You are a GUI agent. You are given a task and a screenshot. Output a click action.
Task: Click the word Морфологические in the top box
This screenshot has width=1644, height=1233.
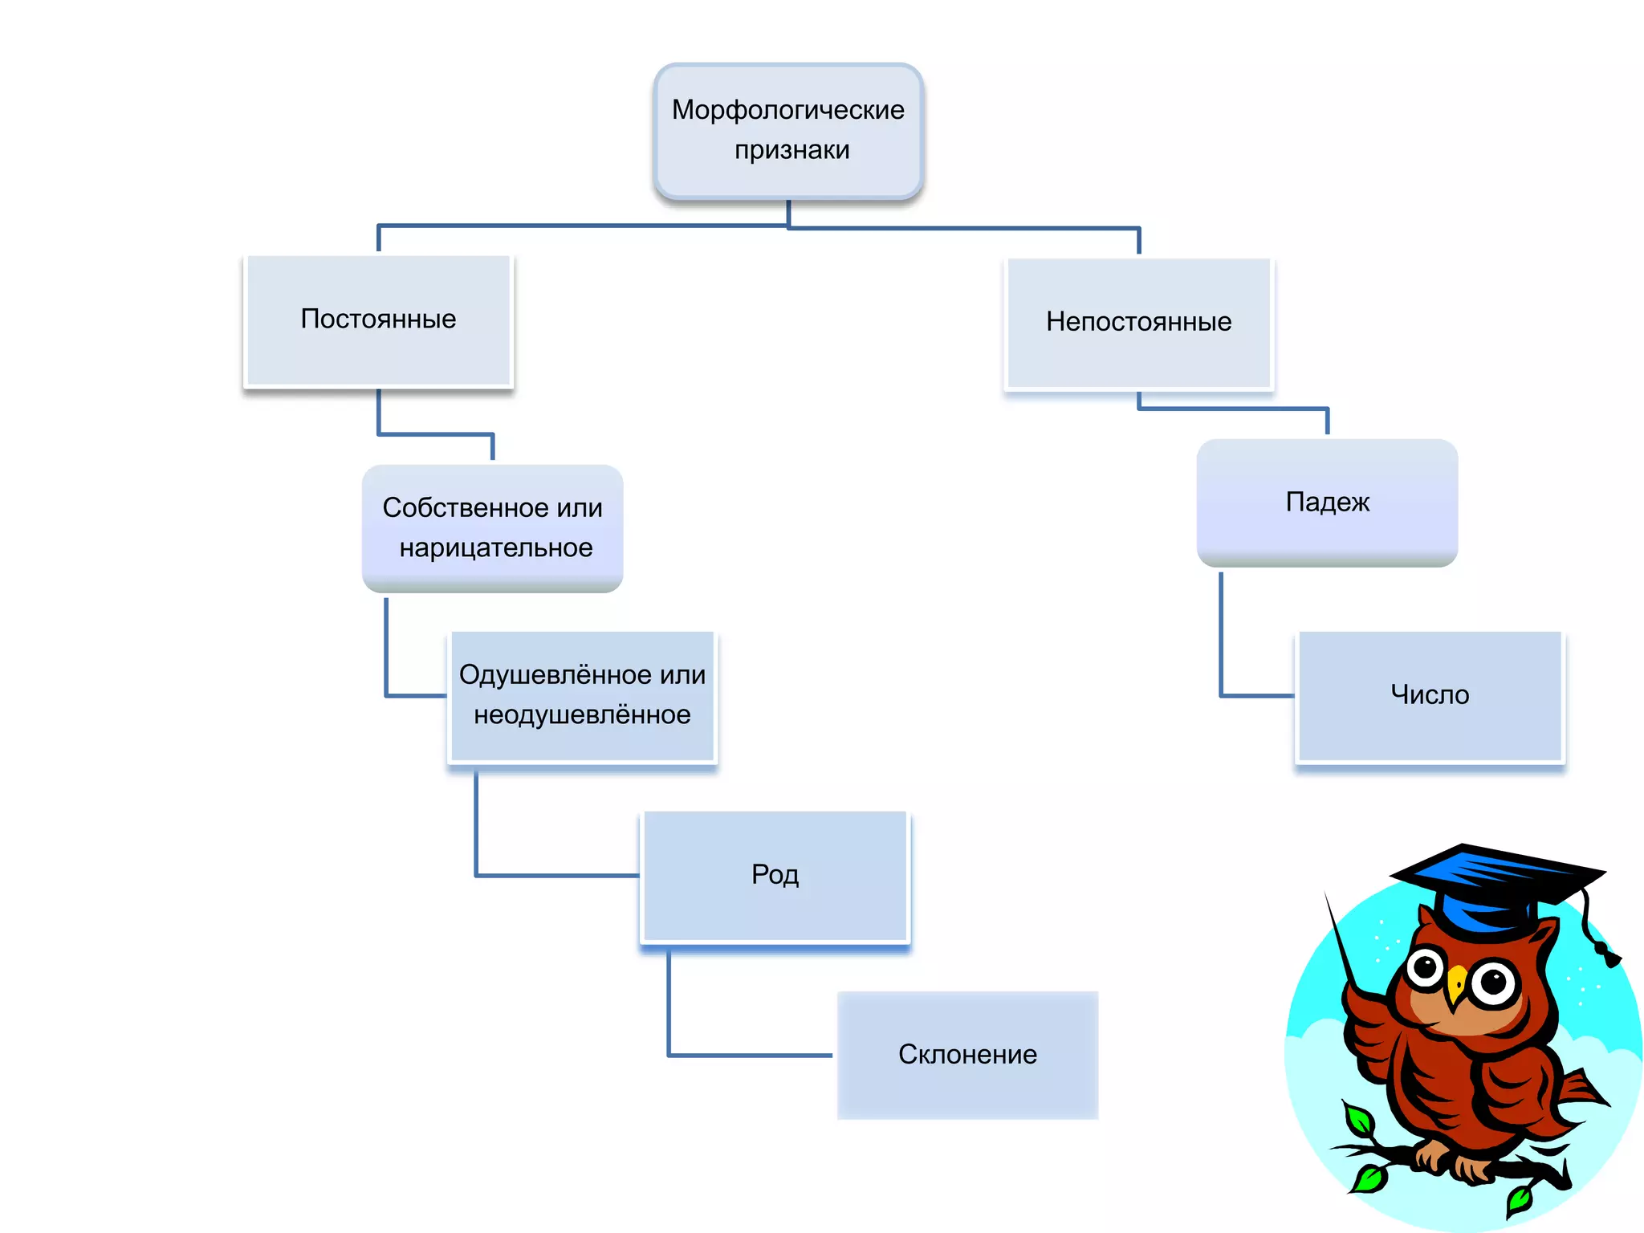(x=787, y=110)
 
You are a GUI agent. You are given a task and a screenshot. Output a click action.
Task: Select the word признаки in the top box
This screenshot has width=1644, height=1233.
(x=791, y=150)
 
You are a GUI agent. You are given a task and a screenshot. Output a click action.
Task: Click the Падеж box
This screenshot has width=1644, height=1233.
(x=1327, y=503)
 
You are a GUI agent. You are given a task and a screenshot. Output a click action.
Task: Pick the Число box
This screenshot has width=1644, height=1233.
(x=1430, y=695)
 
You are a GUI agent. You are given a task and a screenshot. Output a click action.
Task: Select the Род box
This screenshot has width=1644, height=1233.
(x=775, y=875)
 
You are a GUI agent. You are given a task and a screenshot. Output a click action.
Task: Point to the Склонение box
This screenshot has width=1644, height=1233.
(x=967, y=1055)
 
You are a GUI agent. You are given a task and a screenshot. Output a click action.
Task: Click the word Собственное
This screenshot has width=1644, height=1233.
(x=449, y=508)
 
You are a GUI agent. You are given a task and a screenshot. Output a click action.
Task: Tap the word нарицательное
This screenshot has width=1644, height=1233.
(x=496, y=548)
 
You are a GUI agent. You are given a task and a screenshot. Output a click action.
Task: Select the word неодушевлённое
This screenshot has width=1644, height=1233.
(x=582, y=715)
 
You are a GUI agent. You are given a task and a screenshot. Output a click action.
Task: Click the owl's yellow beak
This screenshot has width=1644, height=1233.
(x=1455, y=984)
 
